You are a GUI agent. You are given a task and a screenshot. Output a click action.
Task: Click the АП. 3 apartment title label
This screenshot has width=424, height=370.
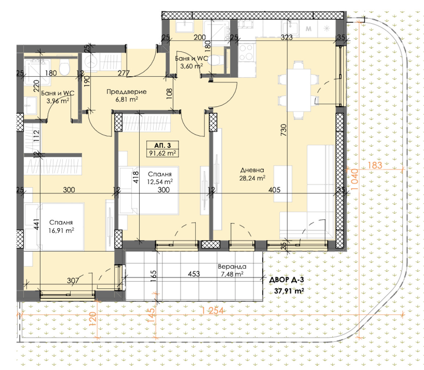(162, 145)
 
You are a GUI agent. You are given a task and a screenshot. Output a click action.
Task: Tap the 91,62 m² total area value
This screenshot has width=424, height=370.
(162, 153)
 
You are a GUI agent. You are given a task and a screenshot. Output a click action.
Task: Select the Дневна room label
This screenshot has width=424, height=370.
(252, 170)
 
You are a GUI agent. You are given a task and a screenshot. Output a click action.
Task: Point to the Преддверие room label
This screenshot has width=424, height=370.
(126, 92)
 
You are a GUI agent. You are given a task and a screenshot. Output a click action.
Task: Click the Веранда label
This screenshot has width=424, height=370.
(232, 266)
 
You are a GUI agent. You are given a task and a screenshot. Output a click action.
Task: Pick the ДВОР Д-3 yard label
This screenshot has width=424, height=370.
(287, 280)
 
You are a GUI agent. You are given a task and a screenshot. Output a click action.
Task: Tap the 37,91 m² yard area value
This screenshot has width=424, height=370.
(289, 291)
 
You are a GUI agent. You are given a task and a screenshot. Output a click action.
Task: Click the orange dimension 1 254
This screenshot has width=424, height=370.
(212, 311)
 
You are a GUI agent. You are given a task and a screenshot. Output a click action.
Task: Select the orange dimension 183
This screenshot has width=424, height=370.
(375, 165)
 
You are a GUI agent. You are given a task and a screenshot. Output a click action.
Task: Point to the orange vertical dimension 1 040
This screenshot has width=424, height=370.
(355, 179)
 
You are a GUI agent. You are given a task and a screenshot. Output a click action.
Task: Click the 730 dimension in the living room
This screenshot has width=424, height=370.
(283, 130)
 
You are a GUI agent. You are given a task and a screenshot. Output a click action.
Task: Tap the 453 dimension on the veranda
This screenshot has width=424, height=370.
(194, 274)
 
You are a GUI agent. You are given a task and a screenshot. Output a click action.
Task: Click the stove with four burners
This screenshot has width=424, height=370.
(246, 52)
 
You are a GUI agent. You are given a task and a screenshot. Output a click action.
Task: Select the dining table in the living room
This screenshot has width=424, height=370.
(299, 90)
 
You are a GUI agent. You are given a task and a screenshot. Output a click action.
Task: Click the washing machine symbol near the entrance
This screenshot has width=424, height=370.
(91, 62)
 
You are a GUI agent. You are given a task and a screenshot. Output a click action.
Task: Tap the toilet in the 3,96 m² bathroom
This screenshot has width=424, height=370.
(65, 67)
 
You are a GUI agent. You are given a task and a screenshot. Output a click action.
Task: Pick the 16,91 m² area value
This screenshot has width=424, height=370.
(61, 231)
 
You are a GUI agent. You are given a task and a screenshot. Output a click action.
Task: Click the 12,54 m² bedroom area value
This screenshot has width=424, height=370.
(160, 181)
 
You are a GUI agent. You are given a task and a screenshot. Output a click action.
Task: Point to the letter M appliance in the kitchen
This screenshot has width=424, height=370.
(308, 29)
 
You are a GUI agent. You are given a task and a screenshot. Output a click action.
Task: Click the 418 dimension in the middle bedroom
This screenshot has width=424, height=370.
(136, 177)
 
